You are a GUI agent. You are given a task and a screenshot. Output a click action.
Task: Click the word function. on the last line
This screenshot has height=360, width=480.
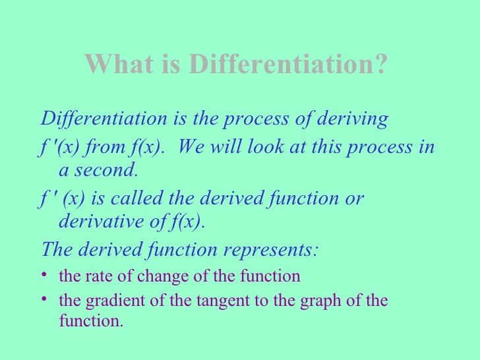[91, 323]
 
